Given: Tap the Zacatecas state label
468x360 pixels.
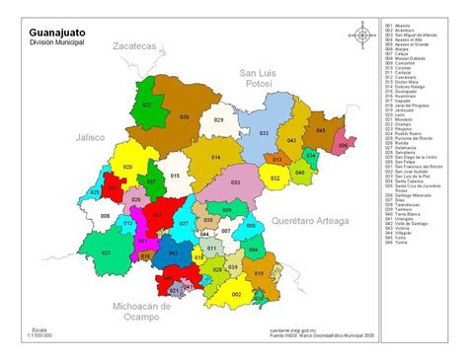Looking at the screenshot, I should [134, 46].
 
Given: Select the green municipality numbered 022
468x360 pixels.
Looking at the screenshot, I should [146, 103].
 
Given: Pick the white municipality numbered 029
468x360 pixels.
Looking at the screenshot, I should [219, 119].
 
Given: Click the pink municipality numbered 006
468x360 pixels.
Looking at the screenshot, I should [342, 145].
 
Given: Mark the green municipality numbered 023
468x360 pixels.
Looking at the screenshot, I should [79, 252].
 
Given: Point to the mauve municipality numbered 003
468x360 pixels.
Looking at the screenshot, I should [235, 182].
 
